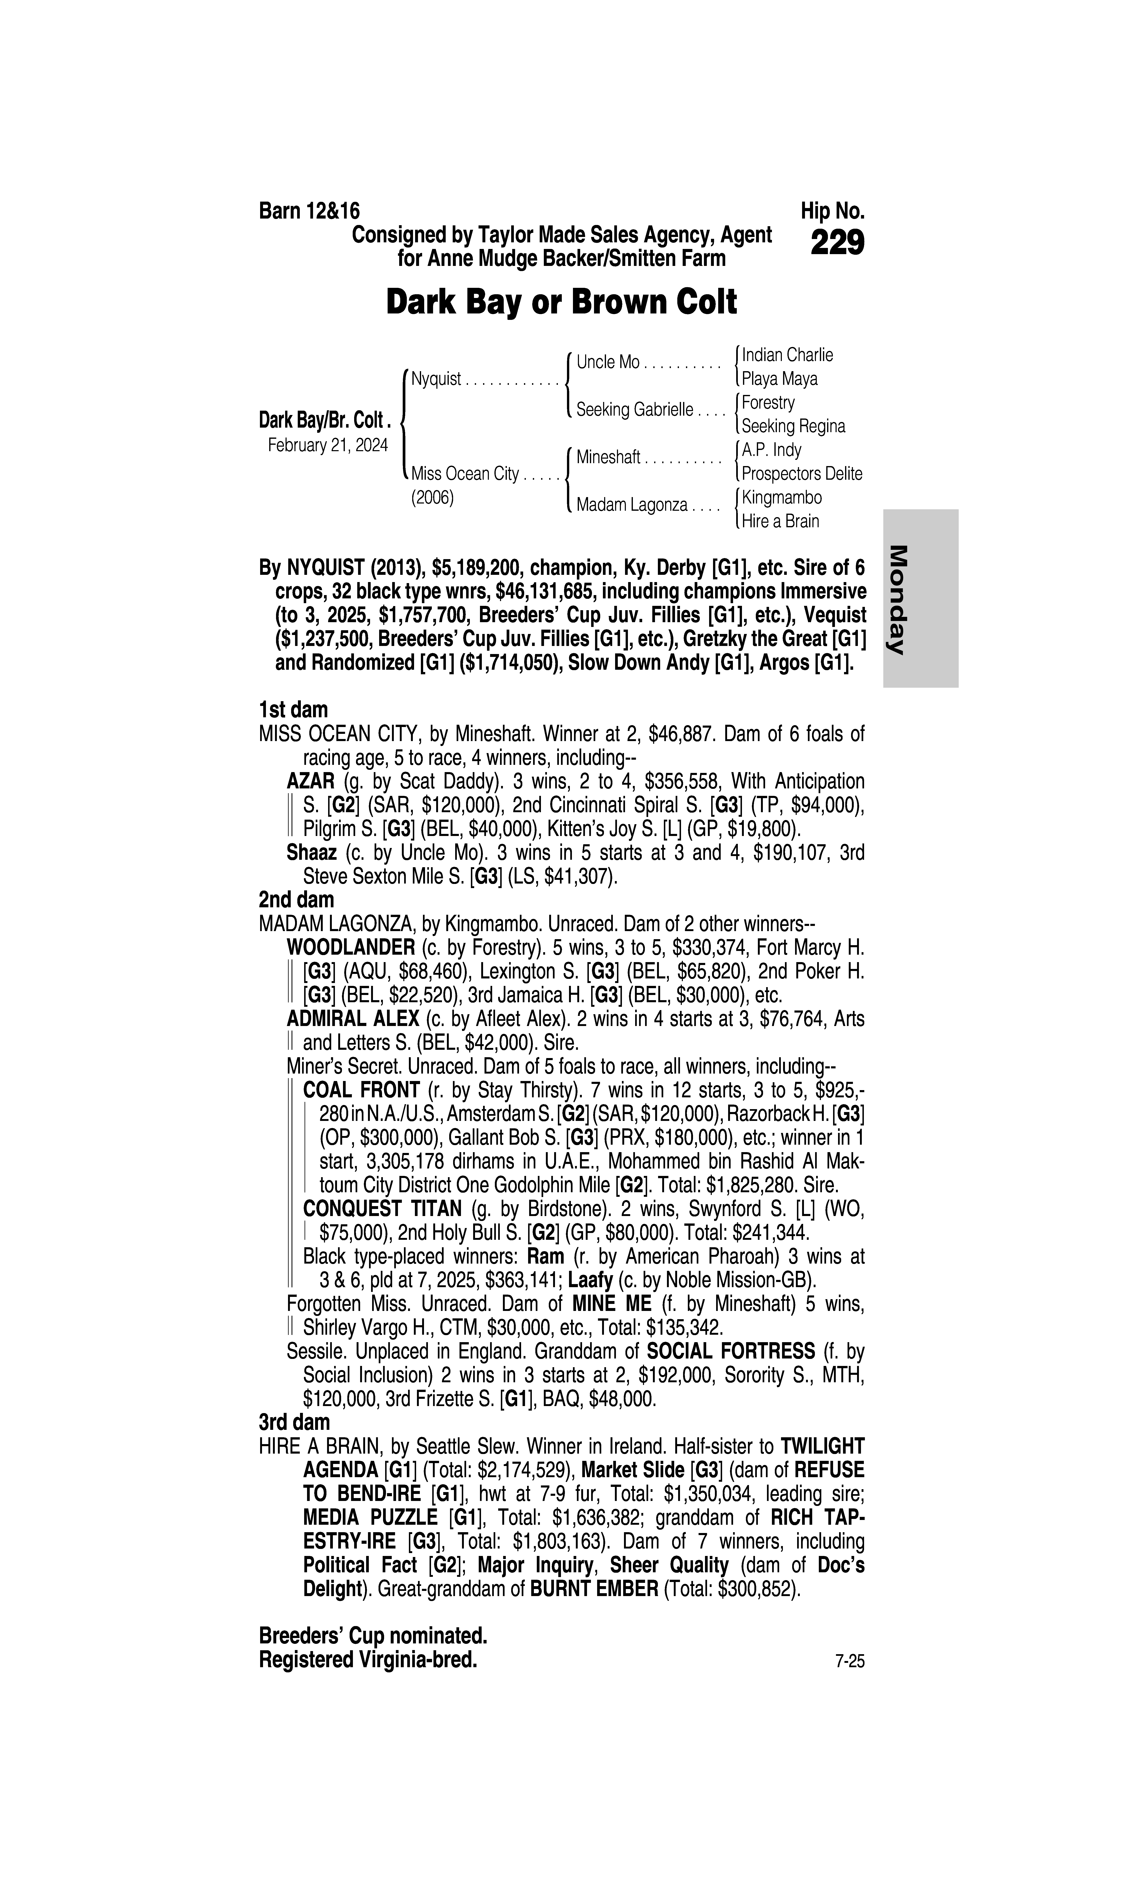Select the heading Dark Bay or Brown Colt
pyautogui.click(x=561, y=302)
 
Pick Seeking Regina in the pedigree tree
pyautogui.click(x=793, y=426)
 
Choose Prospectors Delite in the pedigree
pyautogui.click(x=801, y=474)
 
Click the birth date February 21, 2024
pyautogui.click(x=328, y=445)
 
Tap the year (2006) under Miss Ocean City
pyautogui.click(x=432, y=498)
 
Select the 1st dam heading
pyautogui.click(x=293, y=710)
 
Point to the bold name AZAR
pyautogui.click(x=311, y=781)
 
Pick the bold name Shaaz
pyautogui.click(x=311, y=853)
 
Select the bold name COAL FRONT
pyautogui.click(x=361, y=1090)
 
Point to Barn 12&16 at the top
pyautogui.click(x=309, y=211)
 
